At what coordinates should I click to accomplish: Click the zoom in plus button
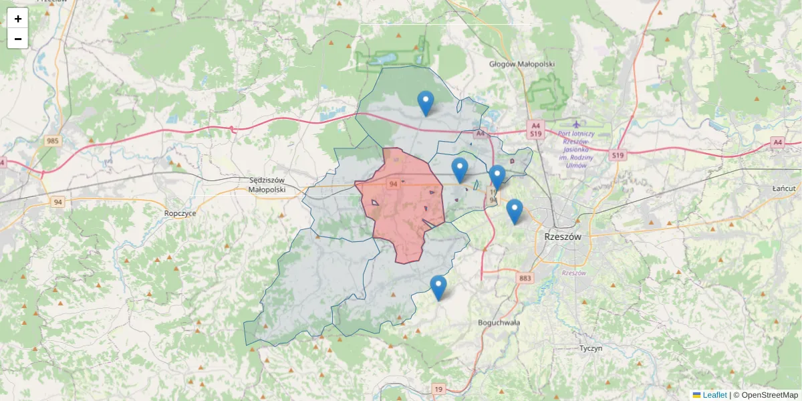(x=17, y=19)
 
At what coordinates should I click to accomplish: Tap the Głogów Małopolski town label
(x=522, y=64)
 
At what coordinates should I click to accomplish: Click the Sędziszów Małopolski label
(x=267, y=185)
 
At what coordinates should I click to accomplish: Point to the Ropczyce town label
(x=180, y=213)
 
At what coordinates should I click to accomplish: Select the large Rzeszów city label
(x=563, y=237)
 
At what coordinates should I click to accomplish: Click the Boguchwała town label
(x=499, y=322)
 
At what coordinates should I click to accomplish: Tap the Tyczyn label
(x=591, y=348)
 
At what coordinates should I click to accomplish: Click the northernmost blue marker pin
(x=425, y=104)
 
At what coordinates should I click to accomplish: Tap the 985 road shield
(x=53, y=141)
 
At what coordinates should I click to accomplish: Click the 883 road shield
(x=525, y=277)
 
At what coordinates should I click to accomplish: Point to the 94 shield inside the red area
(x=393, y=184)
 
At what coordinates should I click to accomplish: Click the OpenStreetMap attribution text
(x=769, y=395)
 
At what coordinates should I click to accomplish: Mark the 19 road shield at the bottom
(x=438, y=389)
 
